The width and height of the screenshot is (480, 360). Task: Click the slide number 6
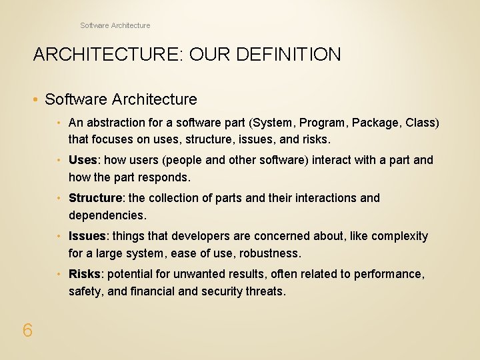click(x=27, y=330)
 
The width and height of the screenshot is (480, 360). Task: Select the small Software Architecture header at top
click(x=115, y=25)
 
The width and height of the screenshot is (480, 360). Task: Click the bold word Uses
click(x=83, y=160)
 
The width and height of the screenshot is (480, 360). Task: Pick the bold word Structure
click(x=95, y=198)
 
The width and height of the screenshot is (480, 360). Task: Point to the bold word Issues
click(x=87, y=236)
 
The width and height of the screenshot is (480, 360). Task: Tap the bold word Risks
click(x=85, y=274)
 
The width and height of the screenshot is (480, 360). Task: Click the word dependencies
click(x=106, y=215)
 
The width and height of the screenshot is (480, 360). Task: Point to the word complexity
click(x=399, y=236)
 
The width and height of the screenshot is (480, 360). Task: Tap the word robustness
click(x=272, y=253)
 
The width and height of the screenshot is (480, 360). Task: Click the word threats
click(x=265, y=291)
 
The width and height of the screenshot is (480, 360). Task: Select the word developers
click(x=199, y=236)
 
